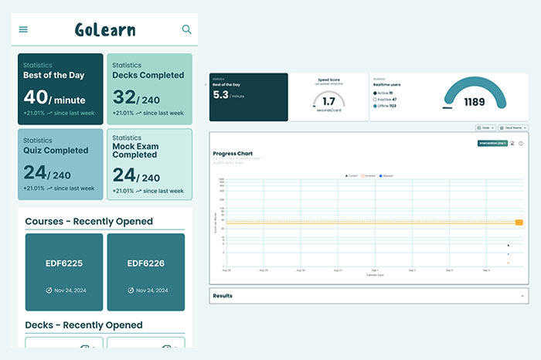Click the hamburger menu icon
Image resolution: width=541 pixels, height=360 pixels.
pyautogui.click(x=23, y=29)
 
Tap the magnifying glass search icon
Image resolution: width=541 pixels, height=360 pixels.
pyautogui.click(x=186, y=29)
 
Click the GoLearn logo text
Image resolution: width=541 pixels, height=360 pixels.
pyautogui.click(x=105, y=30)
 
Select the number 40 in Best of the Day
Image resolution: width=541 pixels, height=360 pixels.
pyautogui.click(x=36, y=97)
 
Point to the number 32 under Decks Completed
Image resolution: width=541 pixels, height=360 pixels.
pyautogui.click(x=124, y=97)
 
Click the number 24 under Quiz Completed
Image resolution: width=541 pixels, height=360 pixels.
pyautogui.click(x=36, y=173)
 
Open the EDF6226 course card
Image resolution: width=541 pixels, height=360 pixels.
pyautogui.click(x=145, y=263)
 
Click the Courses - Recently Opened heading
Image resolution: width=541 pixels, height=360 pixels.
pyautogui.click(x=89, y=222)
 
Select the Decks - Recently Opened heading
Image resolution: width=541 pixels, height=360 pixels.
pyautogui.click(x=84, y=325)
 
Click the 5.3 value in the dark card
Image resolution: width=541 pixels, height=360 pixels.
pyautogui.click(x=221, y=95)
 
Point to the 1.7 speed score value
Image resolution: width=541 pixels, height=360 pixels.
pyautogui.click(x=328, y=101)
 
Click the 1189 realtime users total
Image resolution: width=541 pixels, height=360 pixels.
pyautogui.click(x=475, y=102)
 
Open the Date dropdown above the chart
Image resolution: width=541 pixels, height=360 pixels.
pyautogui.click(x=485, y=127)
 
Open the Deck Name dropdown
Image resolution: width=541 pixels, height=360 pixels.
pyautogui.click(x=513, y=127)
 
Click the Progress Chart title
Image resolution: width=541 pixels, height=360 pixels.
pyautogui.click(x=233, y=154)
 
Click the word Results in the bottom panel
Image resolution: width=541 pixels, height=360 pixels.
pyautogui.click(x=223, y=296)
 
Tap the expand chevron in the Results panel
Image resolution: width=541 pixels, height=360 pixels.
pyautogui.click(x=522, y=296)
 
